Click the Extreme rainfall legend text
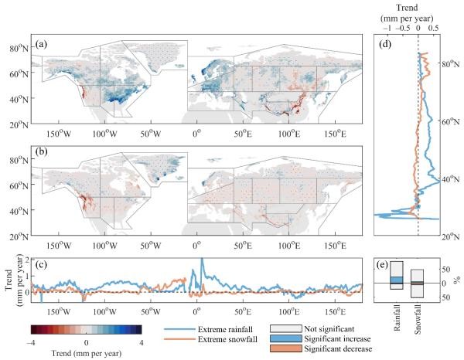[x=229, y=328]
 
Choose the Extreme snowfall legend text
[x=229, y=339]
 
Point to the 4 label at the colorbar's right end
[x=142, y=341]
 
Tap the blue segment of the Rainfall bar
[x=397, y=280]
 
